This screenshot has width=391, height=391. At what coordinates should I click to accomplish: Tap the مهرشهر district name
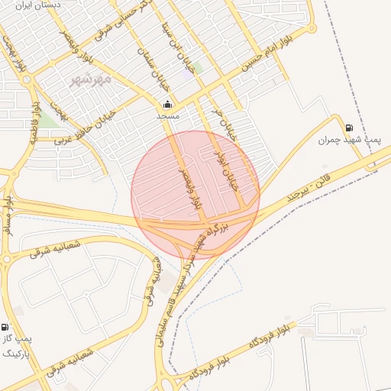[x=91, y=79]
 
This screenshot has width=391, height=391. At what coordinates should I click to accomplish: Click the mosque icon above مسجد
[x=167, y=105]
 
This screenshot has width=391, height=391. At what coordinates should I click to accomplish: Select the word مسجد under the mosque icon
[x=167, y=116]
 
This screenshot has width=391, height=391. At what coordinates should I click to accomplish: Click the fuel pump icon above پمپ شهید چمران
[x=349, y=128]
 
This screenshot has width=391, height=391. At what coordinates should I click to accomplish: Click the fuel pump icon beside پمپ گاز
[x=5, y=326]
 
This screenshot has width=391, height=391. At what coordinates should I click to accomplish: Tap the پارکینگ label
[x=15, y=354]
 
